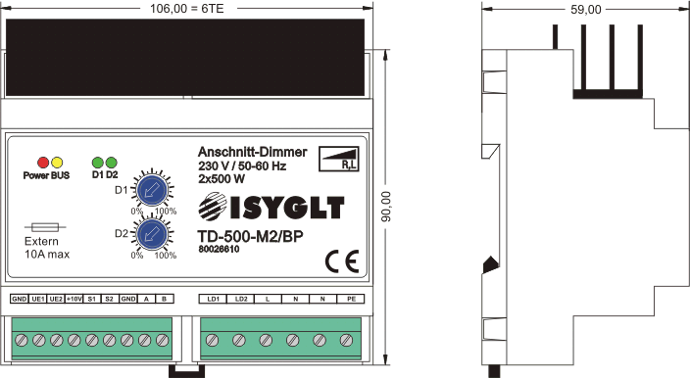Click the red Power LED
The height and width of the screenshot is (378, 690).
click(43, 163)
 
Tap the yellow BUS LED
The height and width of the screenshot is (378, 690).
click(57, 163)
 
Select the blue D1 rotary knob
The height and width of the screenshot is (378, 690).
click(152, 191)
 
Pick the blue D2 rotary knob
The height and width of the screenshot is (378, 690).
click(152, 234)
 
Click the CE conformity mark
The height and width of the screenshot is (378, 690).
click(342, 262)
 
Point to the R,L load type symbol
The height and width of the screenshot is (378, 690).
click(338, 159)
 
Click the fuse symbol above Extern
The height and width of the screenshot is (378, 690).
click(45, 227)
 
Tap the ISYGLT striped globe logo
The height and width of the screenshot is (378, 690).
click(213, 207)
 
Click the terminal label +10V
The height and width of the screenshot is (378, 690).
click(74, 299)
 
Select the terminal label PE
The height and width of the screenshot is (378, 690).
click(351, 299)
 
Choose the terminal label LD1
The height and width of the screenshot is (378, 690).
click(213, 299)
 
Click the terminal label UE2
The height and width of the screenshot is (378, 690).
click(56, 299)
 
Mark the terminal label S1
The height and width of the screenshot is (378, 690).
click(91, 299)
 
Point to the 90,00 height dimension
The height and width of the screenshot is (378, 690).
click(385, 207)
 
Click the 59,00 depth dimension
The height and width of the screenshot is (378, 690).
click(586, 9)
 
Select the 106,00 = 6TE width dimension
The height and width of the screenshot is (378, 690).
click(186, 9)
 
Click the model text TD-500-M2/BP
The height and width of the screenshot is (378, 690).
click(250, 236)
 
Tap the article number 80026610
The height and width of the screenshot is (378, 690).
click(219, 249)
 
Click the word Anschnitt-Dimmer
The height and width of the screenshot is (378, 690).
click(252, 152)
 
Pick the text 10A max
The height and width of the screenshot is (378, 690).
click(47, 254)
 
